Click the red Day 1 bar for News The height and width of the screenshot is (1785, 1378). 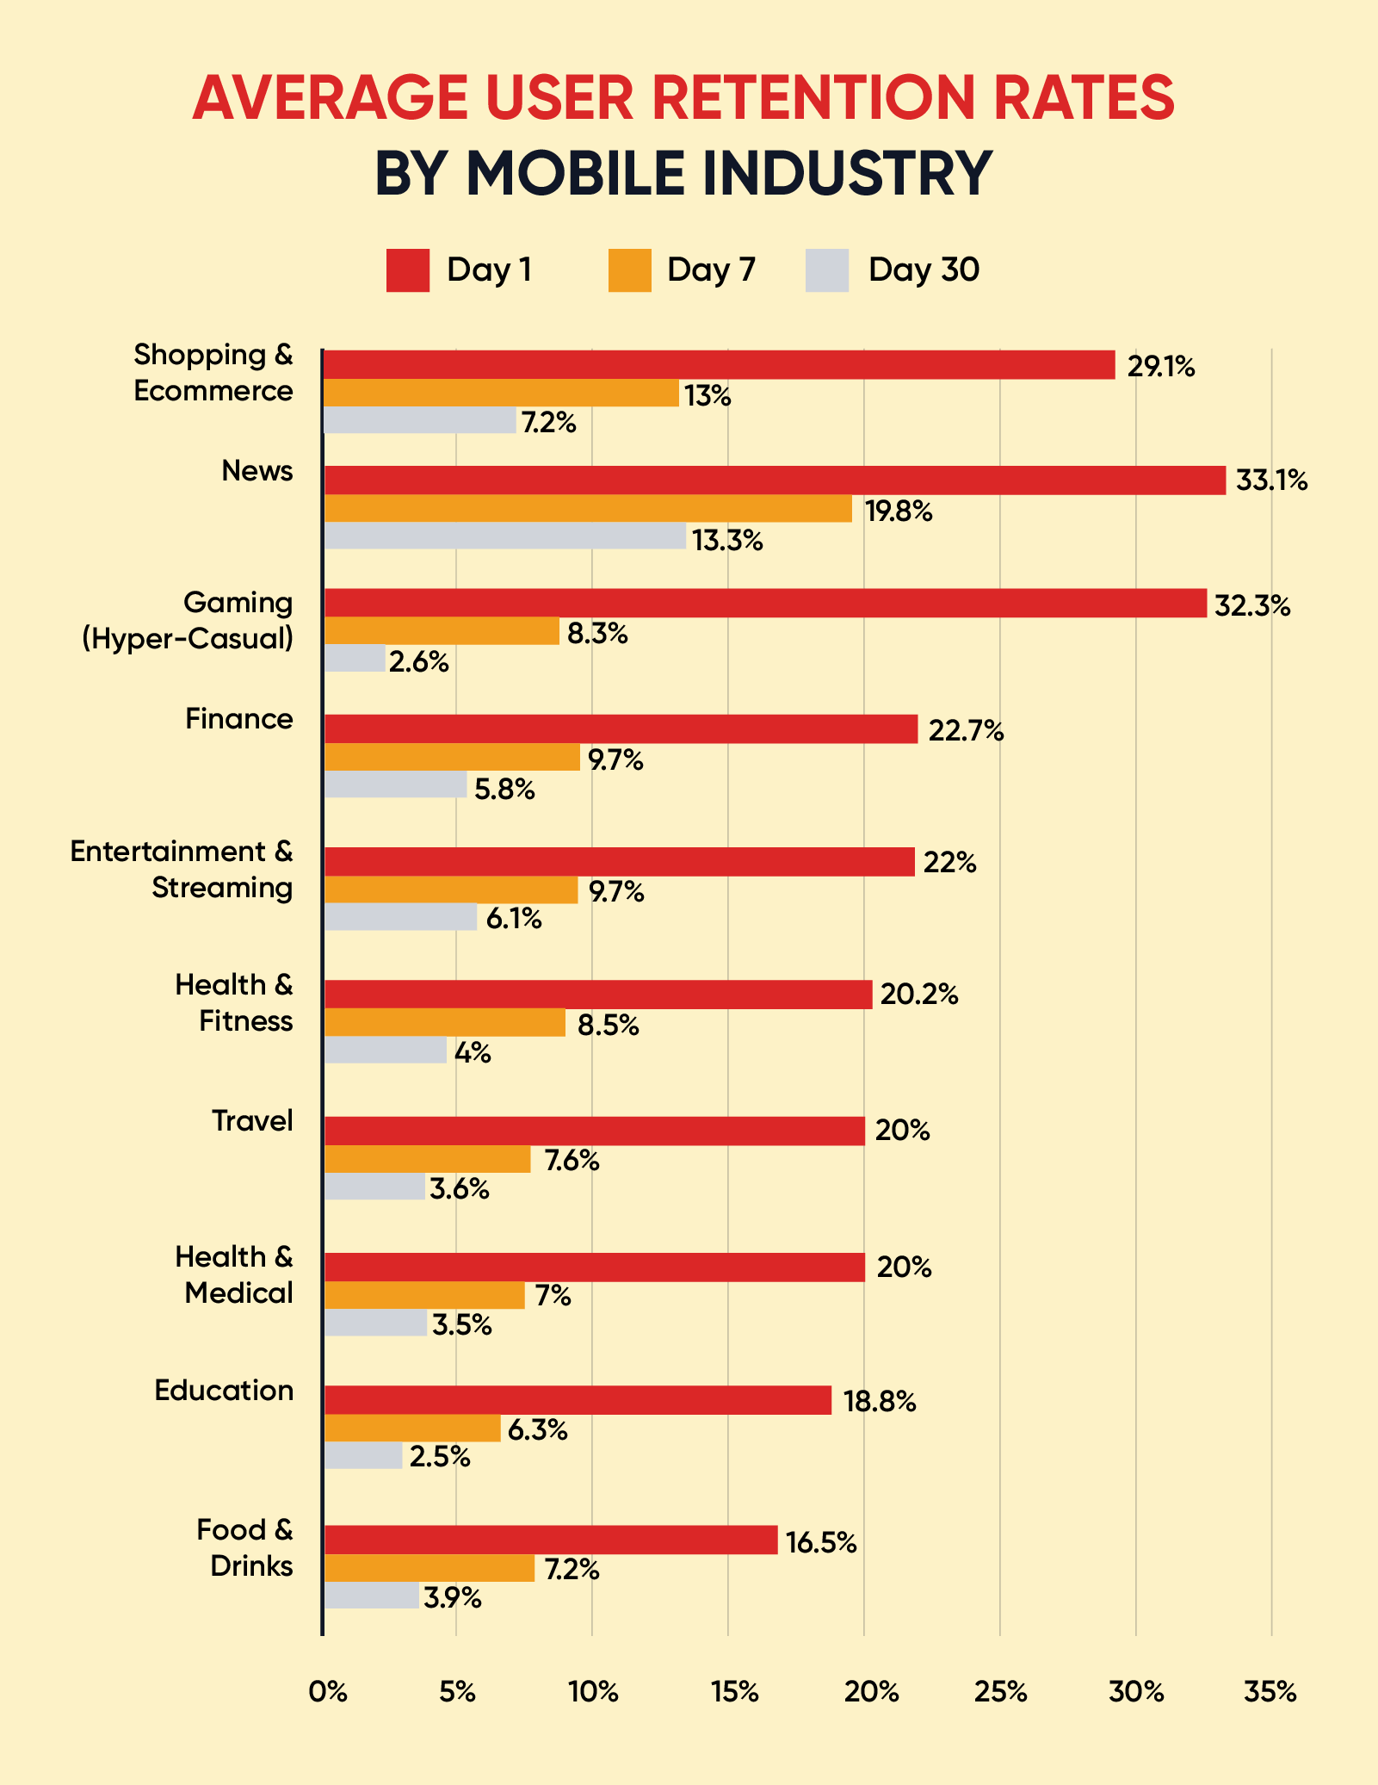[x=775, y=480]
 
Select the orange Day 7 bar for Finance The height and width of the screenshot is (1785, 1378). [x=452, y=758]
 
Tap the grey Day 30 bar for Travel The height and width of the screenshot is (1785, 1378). [x=374, y=1187]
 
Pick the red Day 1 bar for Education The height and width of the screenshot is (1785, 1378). [x=578, y=1400]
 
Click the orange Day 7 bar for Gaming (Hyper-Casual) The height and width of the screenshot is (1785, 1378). [x=442, y=631]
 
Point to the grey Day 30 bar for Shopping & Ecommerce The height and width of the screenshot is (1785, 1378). [x=420, y=420]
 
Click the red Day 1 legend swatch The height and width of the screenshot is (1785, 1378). [x=407, y=270]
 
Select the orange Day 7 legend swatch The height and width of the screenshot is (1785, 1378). [x=629, y=270]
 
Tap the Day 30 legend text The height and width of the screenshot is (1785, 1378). [x=924, y=270]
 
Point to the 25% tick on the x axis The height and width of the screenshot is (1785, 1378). [x=1001, y=1692]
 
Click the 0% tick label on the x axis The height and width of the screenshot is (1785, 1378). [x=327, y=1692]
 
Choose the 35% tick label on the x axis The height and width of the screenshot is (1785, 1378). [x=1270, y=1692]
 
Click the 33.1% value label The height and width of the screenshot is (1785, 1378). [x=1271, y=480]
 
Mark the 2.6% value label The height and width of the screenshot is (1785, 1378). [x=419, y=662]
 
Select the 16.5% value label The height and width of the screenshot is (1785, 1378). [x=821, y=1543]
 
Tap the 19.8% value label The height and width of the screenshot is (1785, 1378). [x=899, y=511]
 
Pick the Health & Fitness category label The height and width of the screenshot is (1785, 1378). [x=233, y=1002]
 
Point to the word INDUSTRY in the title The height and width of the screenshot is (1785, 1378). [x=847, y=173]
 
